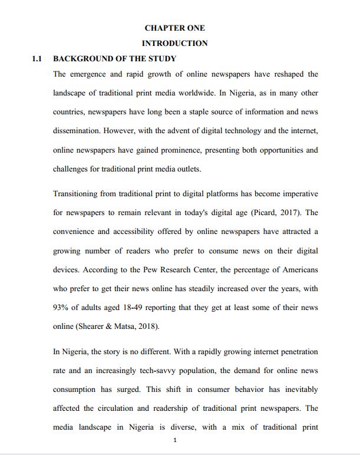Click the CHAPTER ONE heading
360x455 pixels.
coord(174,28)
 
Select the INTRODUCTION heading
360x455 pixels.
coord(174,43)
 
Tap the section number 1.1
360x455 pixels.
coord(38,58)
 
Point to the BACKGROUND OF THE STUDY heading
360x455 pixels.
coord(114,58)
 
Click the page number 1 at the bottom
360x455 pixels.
coord(175,440)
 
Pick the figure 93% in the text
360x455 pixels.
coord(62,308)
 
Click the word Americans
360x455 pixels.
coord(297,269)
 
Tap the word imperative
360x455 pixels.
coord(298,193)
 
